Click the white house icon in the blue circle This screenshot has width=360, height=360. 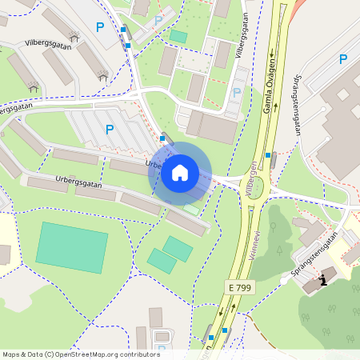pyautogui.click(x=180, y=173)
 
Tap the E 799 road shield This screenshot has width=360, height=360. pyautogui.click(x=238, y=286)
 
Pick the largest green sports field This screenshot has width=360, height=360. pyautogui.click(x=71, y=246)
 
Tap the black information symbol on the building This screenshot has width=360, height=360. pyautogui.click(x=323, y=279)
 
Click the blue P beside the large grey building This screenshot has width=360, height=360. pyautogui.click(x=343, y=59)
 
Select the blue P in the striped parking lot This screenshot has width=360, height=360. pyautogui.click(x=110, y=129)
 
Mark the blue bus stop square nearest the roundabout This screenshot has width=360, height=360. pyautogui.click(x=274, y=156)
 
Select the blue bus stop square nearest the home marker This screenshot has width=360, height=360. pyautogui.click(x=162, y=138)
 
